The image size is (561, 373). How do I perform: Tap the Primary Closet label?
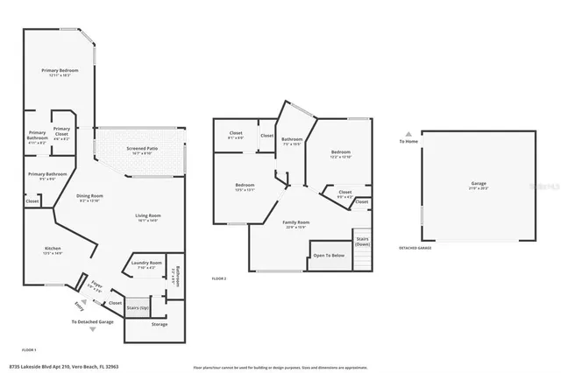pos(61,135)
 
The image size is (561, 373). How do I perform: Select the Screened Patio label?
pos(141,148)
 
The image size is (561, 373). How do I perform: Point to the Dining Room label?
pos(90,196)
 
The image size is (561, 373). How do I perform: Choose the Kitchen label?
pos(53,249)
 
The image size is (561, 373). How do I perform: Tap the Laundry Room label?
pos(146,263)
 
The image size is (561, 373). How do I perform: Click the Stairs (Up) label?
pos(138,308)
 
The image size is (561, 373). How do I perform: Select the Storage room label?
pos(159,324)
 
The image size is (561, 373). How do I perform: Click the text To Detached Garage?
pos(94,322)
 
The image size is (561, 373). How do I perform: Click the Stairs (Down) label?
pos(362,241)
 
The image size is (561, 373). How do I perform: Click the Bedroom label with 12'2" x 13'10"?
pos(340,152)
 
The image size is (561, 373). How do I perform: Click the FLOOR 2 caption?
pos(219,278)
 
